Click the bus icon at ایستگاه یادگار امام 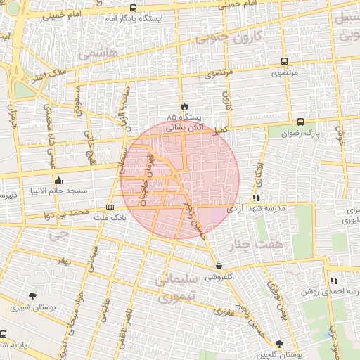(x=134, y=8)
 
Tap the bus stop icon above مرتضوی (x=284, y=62)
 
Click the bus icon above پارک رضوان (x=301, y=121)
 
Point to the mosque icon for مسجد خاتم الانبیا (x=58, y=179)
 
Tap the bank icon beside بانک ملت (x=110, y=207)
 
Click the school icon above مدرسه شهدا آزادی (x=257, y=198)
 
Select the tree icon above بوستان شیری (x=32, y=296)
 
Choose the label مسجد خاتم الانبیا (x=53, y=191)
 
